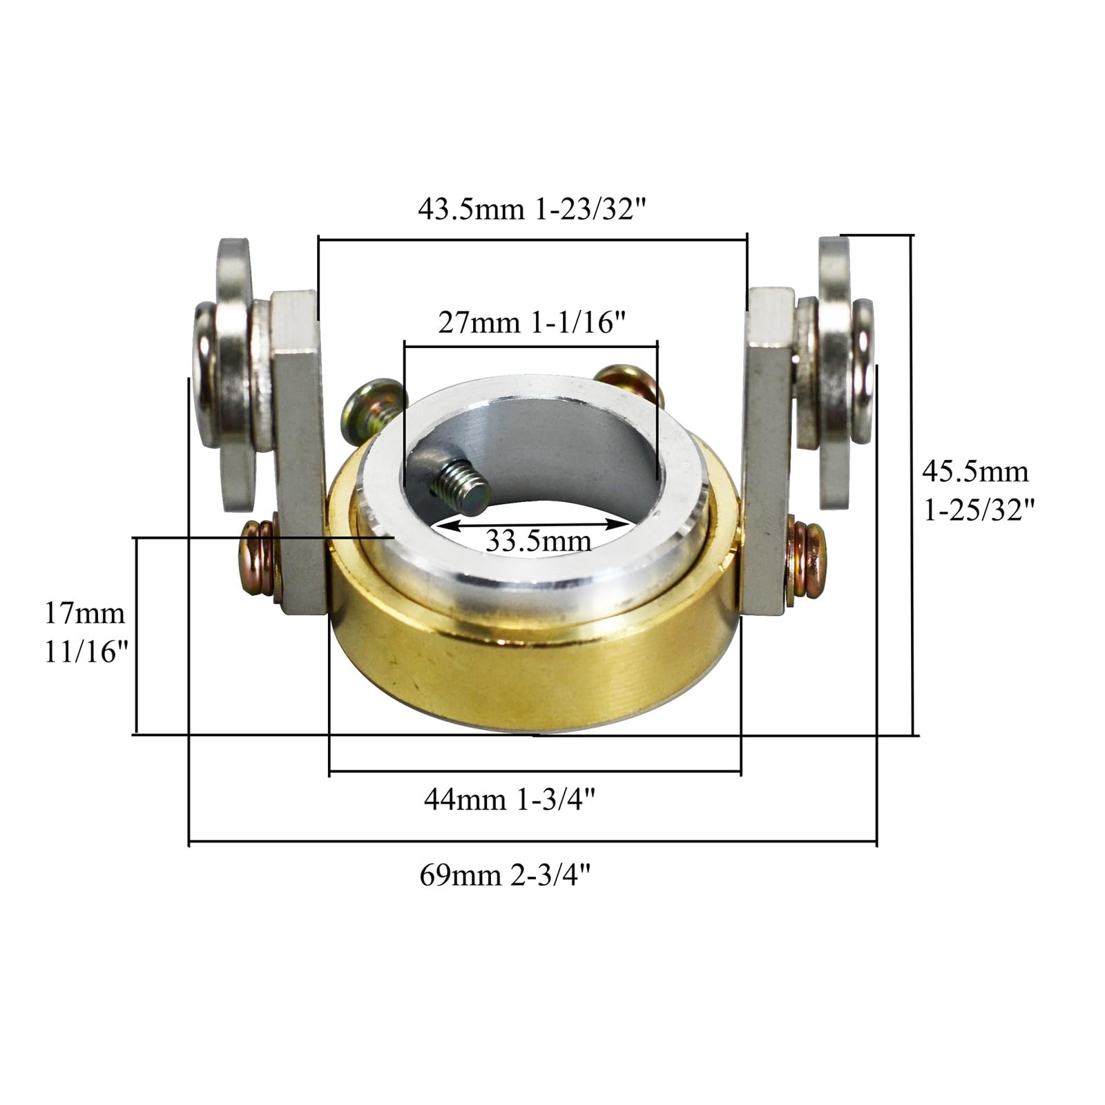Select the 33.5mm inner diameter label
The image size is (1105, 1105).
tap(538, 539)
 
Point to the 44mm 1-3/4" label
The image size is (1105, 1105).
tap(510, 800)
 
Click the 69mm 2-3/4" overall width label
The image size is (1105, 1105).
tap(506, 876)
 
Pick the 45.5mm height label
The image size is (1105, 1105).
tap(975, 472)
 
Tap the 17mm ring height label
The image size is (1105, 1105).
tap(85, 613)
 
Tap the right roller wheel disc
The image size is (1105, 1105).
tap(834, 373)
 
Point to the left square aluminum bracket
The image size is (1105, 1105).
tap(298, 449)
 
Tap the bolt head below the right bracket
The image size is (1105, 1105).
tap(809, 559)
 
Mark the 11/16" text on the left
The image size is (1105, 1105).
tap(87, 651)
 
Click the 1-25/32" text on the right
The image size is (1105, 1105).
tap(979, 510)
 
